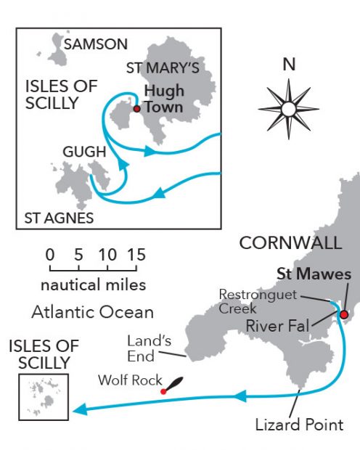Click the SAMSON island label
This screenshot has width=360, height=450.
(x=96, y=44)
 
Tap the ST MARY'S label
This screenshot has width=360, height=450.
(x=163, y=69)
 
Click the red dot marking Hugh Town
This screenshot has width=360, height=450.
(x=136, y=110)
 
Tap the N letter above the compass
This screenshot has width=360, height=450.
(x=289, y=65)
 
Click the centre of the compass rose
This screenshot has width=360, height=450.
(x=289, y=110)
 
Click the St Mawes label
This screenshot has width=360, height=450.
(x=314, y=274)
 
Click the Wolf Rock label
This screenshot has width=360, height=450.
(x=129, y=380)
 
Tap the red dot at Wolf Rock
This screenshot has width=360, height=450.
(x=163, y=391)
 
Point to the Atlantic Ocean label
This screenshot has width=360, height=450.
(x=92, y=314)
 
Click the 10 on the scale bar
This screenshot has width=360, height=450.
(x=107, y=255)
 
